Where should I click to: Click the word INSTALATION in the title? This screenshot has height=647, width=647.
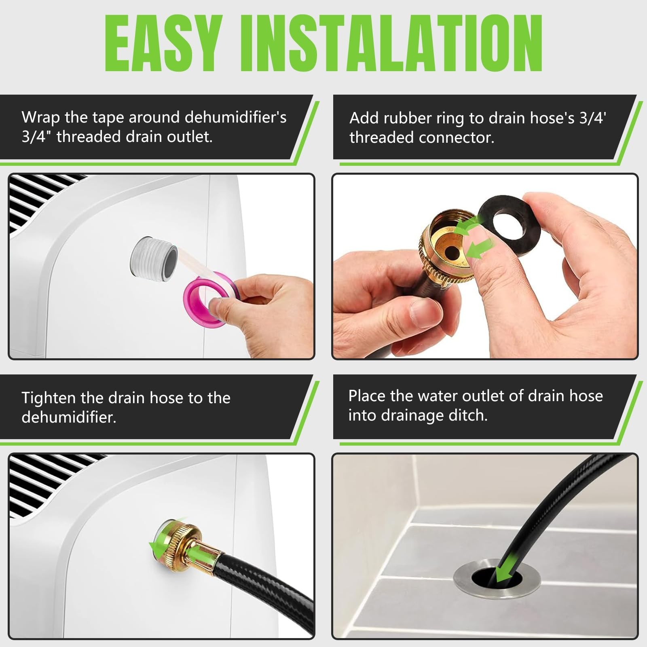pyautogui.click(x=391, y=44)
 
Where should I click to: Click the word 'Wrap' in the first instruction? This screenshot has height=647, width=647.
pyautogui.click(x=41, y=117)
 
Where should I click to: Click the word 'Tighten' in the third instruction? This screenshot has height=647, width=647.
pyautogui.click(x=49, y=398)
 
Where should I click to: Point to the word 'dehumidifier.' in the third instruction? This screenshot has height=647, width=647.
pyautogui.click(x=69, y=417)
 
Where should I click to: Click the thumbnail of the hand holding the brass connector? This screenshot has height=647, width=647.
pyautogui.click(x=485, y=266)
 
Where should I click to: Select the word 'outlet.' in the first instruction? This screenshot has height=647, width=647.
pyautogui.click(x=190, y=137)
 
